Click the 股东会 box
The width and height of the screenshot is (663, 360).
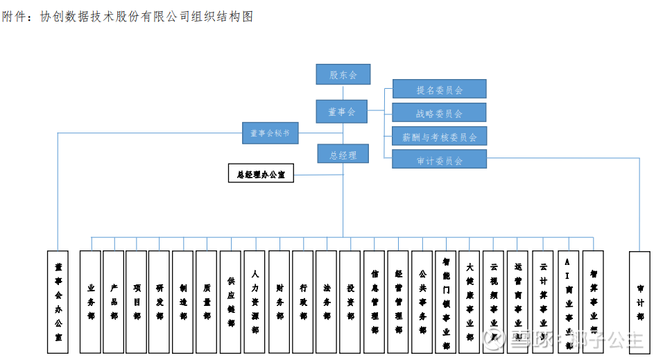tap(343, 74)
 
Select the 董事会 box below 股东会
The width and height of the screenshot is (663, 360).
tap(341, 111)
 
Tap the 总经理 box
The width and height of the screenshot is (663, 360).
tap(343, 155)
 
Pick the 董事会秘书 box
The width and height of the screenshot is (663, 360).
tap(270, 133)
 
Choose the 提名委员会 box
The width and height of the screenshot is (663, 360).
tap(439, 89)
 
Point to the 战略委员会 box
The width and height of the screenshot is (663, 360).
tap(439, 113)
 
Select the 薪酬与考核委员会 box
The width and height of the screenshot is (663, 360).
tap(439, 137)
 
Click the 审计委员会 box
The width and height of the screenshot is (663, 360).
tap(439, 160)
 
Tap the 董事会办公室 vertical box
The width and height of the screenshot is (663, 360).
tap(58, 302)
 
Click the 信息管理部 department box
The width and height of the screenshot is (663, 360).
tap(374, 302)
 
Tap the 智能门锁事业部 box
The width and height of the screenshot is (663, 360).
tap(446, 302)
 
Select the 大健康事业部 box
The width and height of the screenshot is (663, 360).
tap(470, 302)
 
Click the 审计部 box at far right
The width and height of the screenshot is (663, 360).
tap(639, 302)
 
